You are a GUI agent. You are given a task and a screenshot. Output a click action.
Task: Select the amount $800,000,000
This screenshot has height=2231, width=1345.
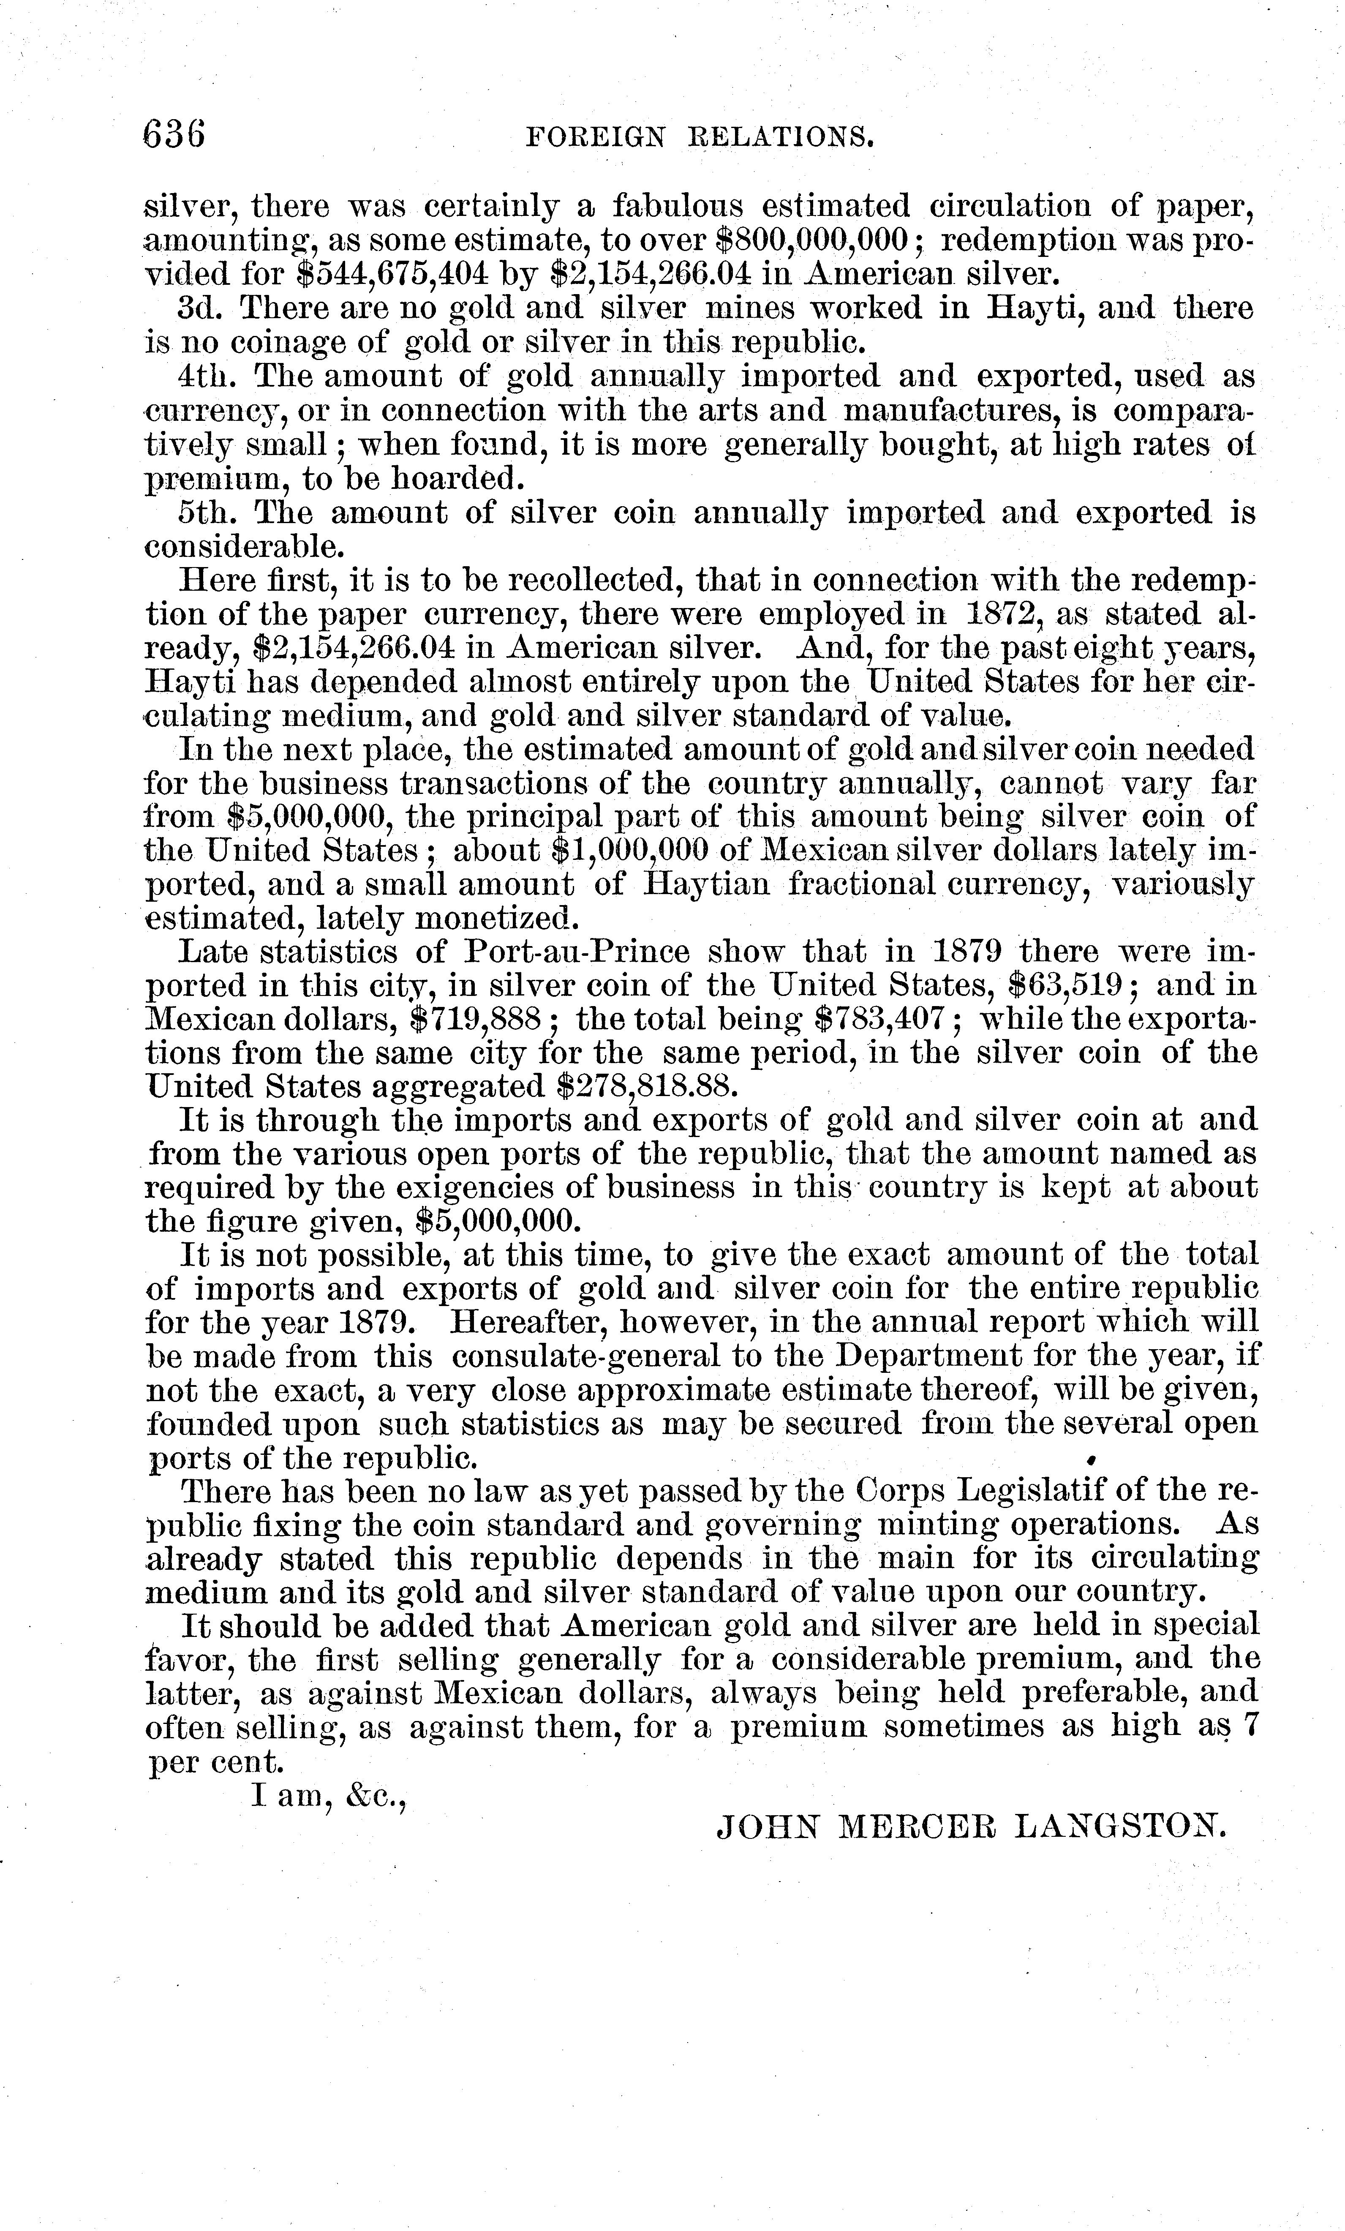[x=811, y=239]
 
